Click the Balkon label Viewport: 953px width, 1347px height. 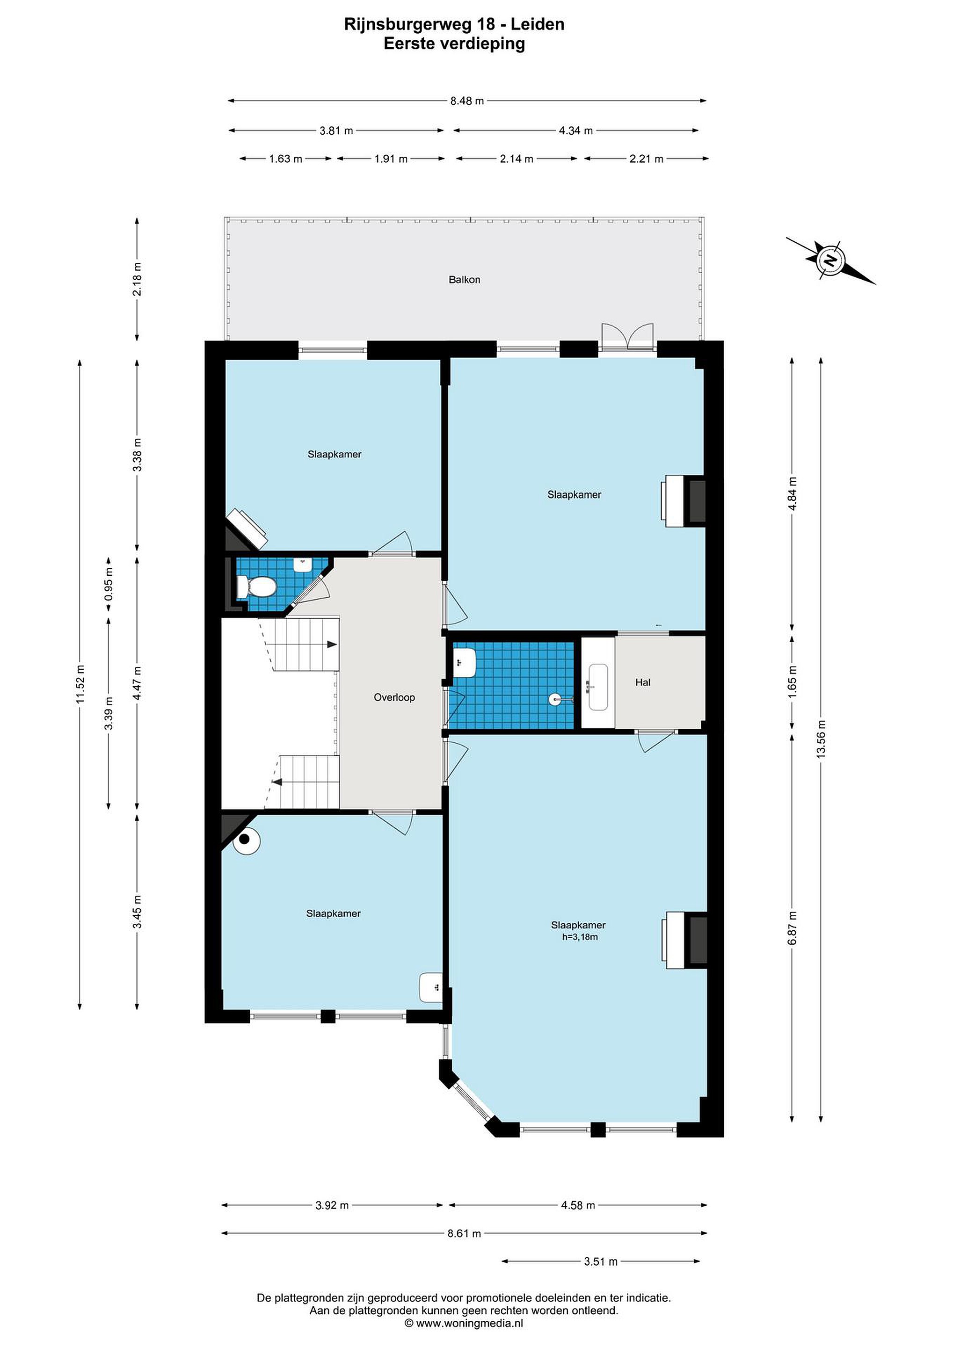click(464, 280)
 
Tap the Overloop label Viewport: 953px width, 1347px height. click(394, 697)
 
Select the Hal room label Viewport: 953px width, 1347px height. click(642, 682)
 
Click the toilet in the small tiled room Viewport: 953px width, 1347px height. click(256, 586)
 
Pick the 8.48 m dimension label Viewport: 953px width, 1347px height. click(467, 101)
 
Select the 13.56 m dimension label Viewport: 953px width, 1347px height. click(821, 739)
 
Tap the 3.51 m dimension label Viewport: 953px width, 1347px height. click(600, 1261)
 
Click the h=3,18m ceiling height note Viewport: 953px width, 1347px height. click(580, 937)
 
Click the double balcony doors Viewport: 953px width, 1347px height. click(627, 338)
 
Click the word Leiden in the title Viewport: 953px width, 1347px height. click(538, 25)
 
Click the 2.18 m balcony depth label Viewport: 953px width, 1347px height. click(138, 279)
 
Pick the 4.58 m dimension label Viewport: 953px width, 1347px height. click(577, 1205)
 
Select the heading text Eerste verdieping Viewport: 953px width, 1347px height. click(454, 44)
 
